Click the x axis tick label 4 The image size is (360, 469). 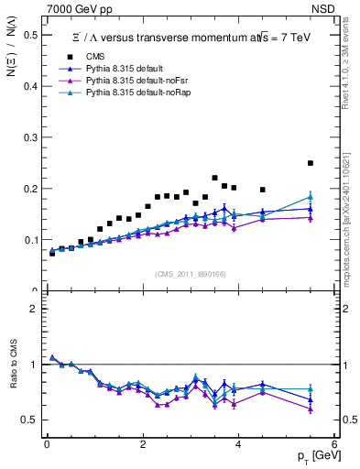pyautogui.click(x=238, y=444)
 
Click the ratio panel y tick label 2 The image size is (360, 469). pyautogui.click(x=35, y=309)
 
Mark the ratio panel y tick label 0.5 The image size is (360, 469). pyautogui.click(x=31, y=420)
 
